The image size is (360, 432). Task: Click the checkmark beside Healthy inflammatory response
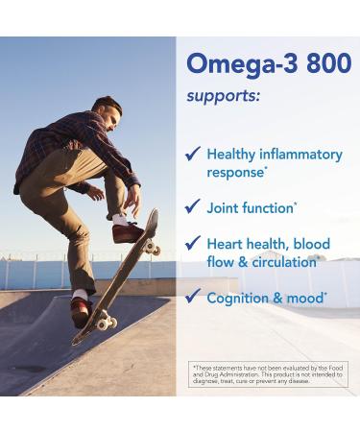coord(192,154)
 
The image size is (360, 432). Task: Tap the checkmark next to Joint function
coord(192,207)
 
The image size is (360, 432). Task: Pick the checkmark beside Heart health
coord(192,244)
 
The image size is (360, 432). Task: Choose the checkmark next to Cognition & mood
coord(192,298)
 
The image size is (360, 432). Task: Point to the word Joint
coord(223,207)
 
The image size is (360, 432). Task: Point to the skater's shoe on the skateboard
coord(128,231)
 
